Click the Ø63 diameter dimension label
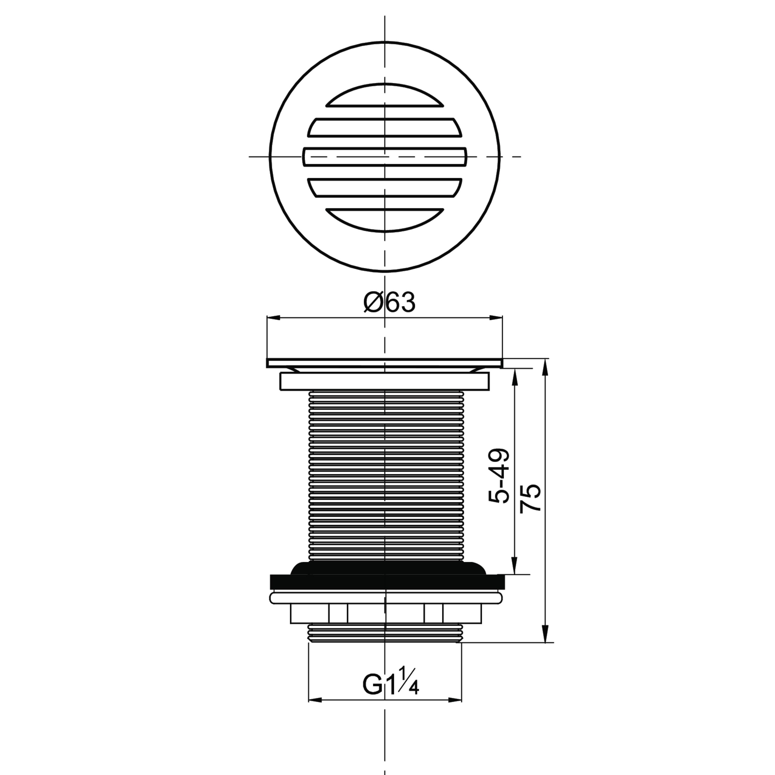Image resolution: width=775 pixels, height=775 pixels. (389, 303)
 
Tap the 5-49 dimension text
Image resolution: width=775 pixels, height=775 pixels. (499, 476)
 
